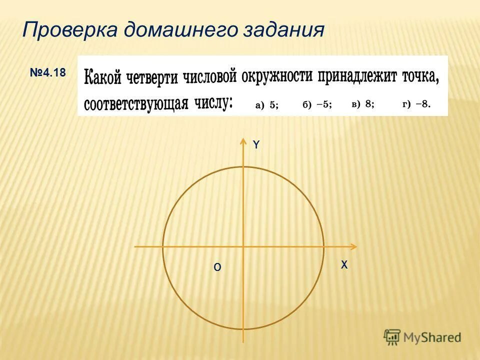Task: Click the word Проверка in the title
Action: [x=69, y=29]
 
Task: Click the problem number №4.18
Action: [x=47, y=73]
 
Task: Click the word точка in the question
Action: [x=421, y=76]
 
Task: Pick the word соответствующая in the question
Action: [x=136, y=104]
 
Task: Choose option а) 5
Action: [x=267, y=104]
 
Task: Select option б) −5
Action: [x=317, y=104]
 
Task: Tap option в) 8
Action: [x=363, y=104]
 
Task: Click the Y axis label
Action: [x=256, y=144]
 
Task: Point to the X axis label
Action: [x=344, y=265]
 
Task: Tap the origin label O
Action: [x=217, y=267]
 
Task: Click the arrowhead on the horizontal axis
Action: [x=353, y=246]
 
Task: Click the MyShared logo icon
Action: [x=392, y=337]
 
